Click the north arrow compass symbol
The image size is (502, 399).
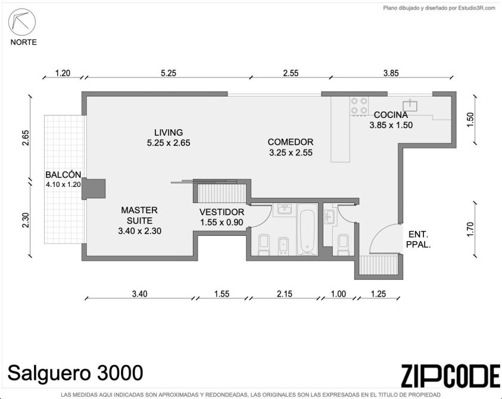tap(22, 22)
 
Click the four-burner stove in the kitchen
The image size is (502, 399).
tap(359, 105)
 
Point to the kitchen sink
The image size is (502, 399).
tap(410, 105)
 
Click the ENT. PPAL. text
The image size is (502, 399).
tap(418, 239)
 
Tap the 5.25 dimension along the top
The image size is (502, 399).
tap(169, 73)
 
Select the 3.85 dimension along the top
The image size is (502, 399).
tap(391, 73)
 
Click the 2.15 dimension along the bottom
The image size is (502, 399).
tap(285, 294)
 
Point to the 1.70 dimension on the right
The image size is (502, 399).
tap(470, 229)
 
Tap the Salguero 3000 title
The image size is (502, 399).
tap(75, 373)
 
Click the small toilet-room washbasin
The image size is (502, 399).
tap(329, 217)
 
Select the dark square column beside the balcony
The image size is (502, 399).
tap(93, 189)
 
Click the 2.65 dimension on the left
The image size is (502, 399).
tap(26, 138)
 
